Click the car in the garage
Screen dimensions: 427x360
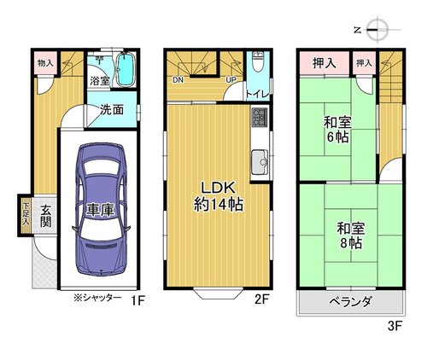(101, 209)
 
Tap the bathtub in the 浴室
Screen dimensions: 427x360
(126, 69)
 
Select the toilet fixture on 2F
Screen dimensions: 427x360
(259, 62)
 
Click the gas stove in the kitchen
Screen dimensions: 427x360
(260, 118)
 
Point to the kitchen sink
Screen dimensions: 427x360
(260, 162)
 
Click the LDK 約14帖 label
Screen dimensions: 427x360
(219, 196)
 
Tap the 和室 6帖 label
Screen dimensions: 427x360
(337, 130)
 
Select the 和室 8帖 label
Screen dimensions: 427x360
(350, 235)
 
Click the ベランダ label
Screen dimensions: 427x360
(351, 302)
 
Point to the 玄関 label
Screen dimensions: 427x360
(45, 216)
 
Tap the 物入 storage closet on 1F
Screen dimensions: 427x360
(45, 63)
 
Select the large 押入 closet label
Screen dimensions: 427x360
(325, 63)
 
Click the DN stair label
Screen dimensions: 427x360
(178, 80)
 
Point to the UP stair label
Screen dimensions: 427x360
(231, 80)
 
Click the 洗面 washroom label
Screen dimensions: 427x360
(112, 109)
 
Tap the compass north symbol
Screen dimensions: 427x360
(377, 30)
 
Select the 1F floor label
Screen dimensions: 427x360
(138, 300)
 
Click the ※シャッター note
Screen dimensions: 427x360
(97, 298)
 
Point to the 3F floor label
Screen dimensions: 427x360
(395, 326)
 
